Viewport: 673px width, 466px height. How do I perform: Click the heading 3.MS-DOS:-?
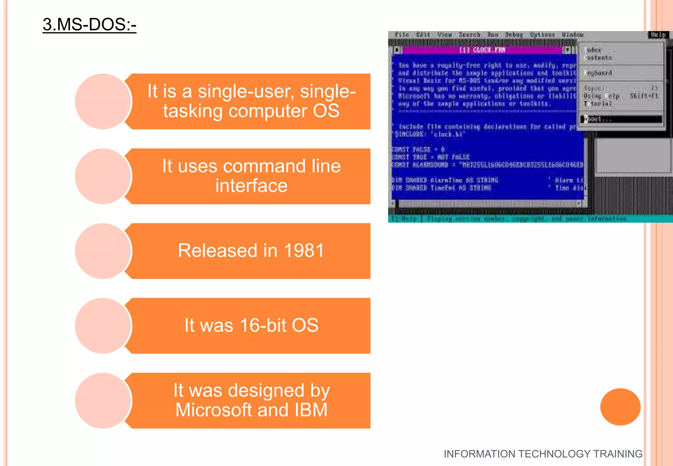click(x=89, y=25)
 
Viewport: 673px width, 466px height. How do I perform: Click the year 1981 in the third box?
click(x=304, y=251)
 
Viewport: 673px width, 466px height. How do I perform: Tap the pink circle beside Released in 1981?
click(x=103, y=251)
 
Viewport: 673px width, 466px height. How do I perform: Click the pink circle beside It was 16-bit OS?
click(x=103, y=326)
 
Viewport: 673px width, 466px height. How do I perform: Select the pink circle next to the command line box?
click(x=103, y=176)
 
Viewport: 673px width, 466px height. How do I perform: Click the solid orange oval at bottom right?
click(x=620, y=407)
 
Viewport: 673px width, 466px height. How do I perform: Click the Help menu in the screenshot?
click(x=658, y=35)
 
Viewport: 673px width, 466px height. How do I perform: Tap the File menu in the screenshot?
click(x=402, y=35)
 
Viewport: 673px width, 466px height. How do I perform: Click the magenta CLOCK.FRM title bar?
click(x=482, y=50)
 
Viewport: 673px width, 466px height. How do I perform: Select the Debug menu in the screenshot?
click(x=514, y=35)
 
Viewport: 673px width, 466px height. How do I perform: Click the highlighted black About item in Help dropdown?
click(x=621, y=119)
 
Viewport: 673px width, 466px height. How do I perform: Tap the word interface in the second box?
click(x=251, y=186)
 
